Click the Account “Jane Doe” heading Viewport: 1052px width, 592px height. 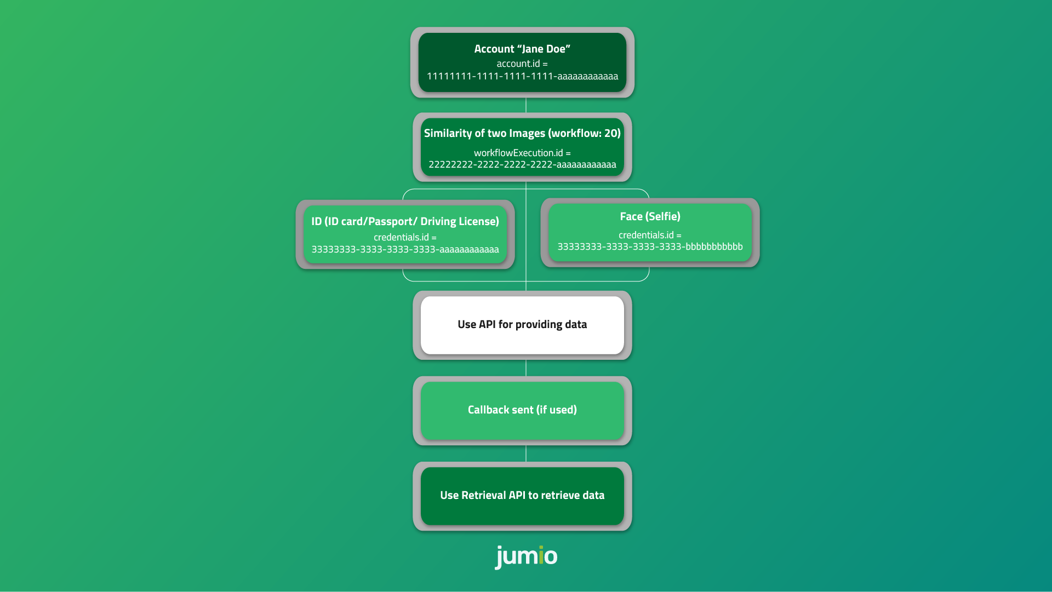coord(522,49)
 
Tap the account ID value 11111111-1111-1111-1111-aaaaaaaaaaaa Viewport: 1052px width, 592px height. coord(522,76)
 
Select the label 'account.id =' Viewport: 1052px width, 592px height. coord(522,64)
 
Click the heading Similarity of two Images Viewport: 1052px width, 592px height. coord(484,133)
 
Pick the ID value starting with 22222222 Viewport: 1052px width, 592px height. coord(522,164)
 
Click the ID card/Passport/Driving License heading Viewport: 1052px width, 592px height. coord(405,221)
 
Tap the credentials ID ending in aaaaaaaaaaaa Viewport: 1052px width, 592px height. coord(405,249)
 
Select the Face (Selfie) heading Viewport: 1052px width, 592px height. coord(650,216)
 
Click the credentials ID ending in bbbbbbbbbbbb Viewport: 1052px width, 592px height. coord(650,246)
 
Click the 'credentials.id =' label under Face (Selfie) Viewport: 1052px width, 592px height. coord(650,235)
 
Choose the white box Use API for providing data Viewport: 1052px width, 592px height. coord(522,325)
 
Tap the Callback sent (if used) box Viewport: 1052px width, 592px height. coord(522,410)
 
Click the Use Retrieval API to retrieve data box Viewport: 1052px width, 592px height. coord(522,496)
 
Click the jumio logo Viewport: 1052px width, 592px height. coord(526,556)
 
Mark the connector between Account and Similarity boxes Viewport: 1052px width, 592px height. coord(526,105)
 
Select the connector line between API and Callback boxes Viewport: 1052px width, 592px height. coord(526,368)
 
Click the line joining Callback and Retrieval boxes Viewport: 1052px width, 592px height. coord(526,453)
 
